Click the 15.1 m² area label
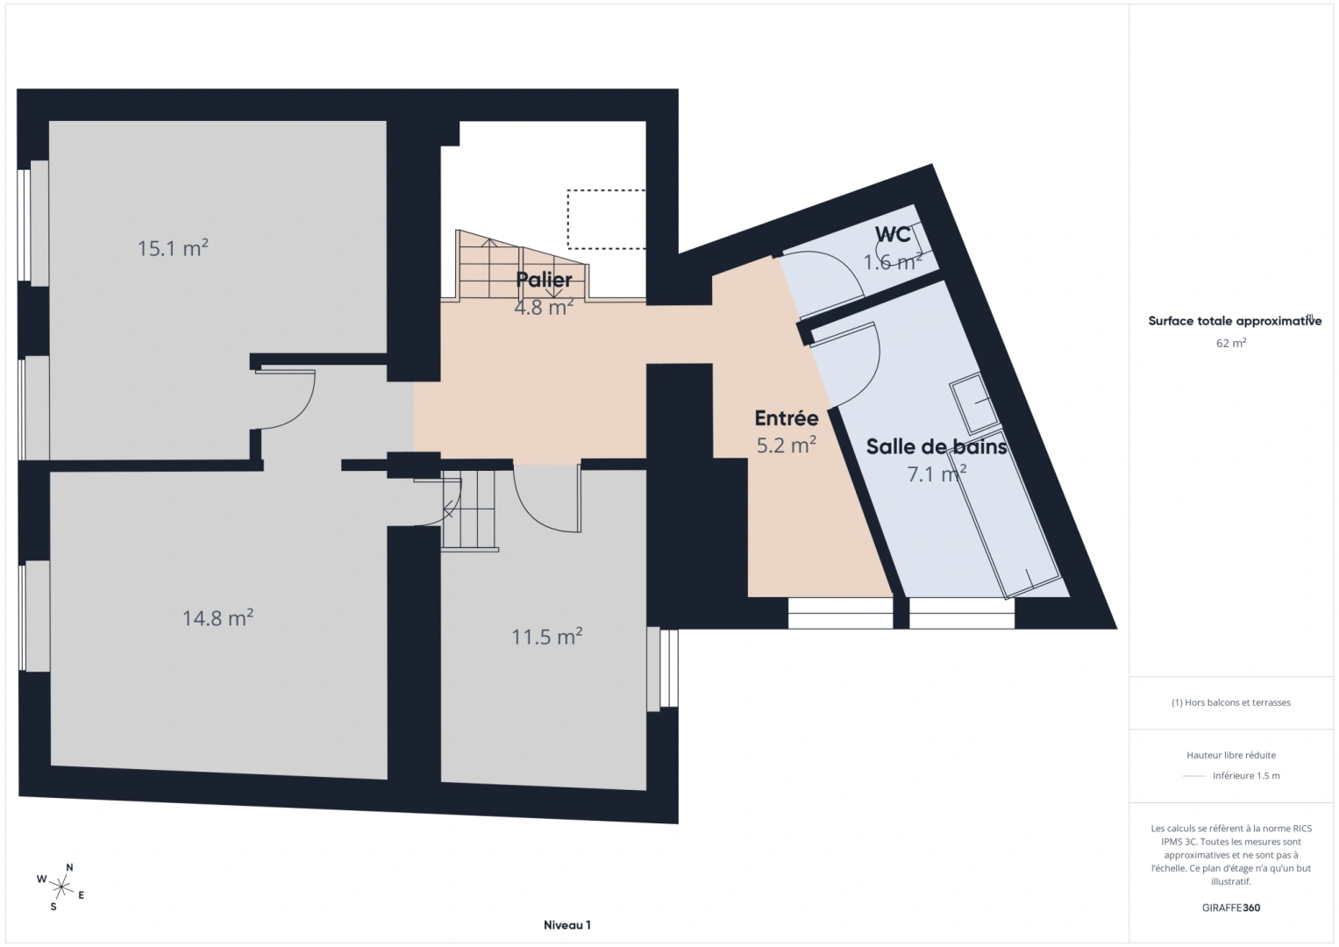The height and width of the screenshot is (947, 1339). [x=173, y=248]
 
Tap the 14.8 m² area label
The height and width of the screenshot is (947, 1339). [x=217, y=618]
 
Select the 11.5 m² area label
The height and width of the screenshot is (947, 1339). [x=547, y=637]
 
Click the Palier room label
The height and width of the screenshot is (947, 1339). [x=544, y=280]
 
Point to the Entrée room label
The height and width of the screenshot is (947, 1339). [x=787, y=419]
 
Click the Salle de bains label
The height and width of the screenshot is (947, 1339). [x=936, y=447]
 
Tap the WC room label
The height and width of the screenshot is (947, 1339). [x=893, y=235]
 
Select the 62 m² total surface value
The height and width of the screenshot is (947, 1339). [x=1231, y=344]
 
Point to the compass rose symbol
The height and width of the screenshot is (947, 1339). [x=61, y=886]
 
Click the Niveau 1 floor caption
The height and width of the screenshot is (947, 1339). [x=567, y=925]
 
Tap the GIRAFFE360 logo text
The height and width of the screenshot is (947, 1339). [x=1231, y=908]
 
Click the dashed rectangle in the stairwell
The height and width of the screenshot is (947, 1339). [x=606, y=219]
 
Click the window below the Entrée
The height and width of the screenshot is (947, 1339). [x=839, y=613]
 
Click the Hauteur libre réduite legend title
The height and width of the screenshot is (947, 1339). [x=1231, y=755]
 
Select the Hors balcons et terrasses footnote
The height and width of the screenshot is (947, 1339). [x=1231, y=702]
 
